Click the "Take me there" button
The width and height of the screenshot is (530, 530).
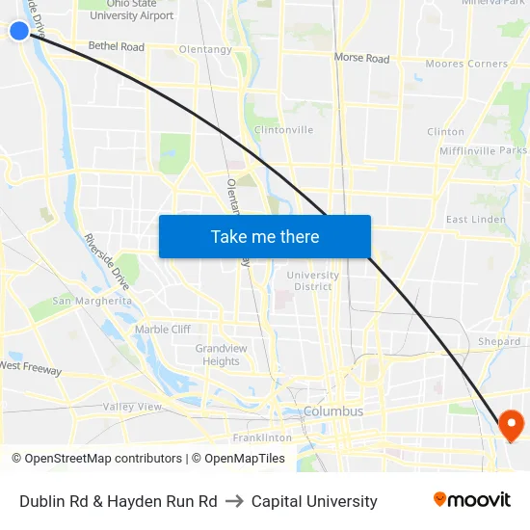point(265,236)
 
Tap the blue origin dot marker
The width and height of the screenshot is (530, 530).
point(19,31)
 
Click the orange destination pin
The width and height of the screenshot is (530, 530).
point(509,424)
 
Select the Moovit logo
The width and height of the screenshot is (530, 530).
point(472,500)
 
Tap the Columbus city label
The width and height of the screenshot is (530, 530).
point(333,411)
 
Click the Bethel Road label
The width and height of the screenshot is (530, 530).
point(116,46)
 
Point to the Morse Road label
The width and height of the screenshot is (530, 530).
point(361,59)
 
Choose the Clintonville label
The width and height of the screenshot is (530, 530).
point(283,130)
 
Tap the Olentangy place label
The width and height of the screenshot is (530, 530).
point(205,49)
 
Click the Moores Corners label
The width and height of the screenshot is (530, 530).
point(466,65)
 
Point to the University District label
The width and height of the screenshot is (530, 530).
point(313,280)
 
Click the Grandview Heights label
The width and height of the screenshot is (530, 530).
point(221,355)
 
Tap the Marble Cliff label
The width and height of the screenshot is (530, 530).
point(162,330)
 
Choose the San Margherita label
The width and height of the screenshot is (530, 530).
point(92,301)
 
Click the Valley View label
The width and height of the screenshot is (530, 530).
point(132,407)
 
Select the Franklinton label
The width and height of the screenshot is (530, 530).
point(262,437)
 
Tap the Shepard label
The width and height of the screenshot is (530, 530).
point(499,342)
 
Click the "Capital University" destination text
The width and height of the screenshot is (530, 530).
point(314,501)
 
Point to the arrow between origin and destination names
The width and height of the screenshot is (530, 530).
point(234,501)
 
